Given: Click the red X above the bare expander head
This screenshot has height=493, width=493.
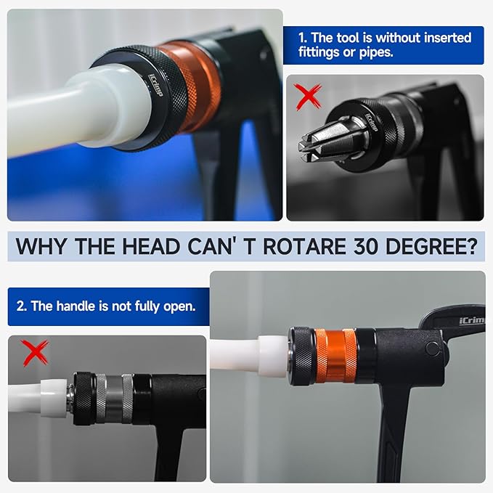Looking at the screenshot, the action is pyautogui.click(x=308, y=96).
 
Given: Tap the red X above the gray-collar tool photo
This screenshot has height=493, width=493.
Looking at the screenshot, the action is pyautogui.click(x=35, y=352).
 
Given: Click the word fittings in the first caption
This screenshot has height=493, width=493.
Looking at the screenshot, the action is pyautogui.click(x=319, y=52).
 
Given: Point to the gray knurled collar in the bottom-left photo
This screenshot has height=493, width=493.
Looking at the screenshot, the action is pyautogui.click(x=114, y=399).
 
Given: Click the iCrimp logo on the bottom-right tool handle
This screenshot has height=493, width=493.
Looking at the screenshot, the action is pyautogui.click(x=472, y=320).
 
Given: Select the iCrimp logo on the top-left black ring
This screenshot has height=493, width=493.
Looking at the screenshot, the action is pyautogui.click(x=155, y=85).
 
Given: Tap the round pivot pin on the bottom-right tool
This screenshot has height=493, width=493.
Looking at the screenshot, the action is pyautogui.click(x=433, y=349).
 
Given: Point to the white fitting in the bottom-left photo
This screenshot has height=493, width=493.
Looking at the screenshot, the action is pyautogui.click(x=54, y=399).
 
